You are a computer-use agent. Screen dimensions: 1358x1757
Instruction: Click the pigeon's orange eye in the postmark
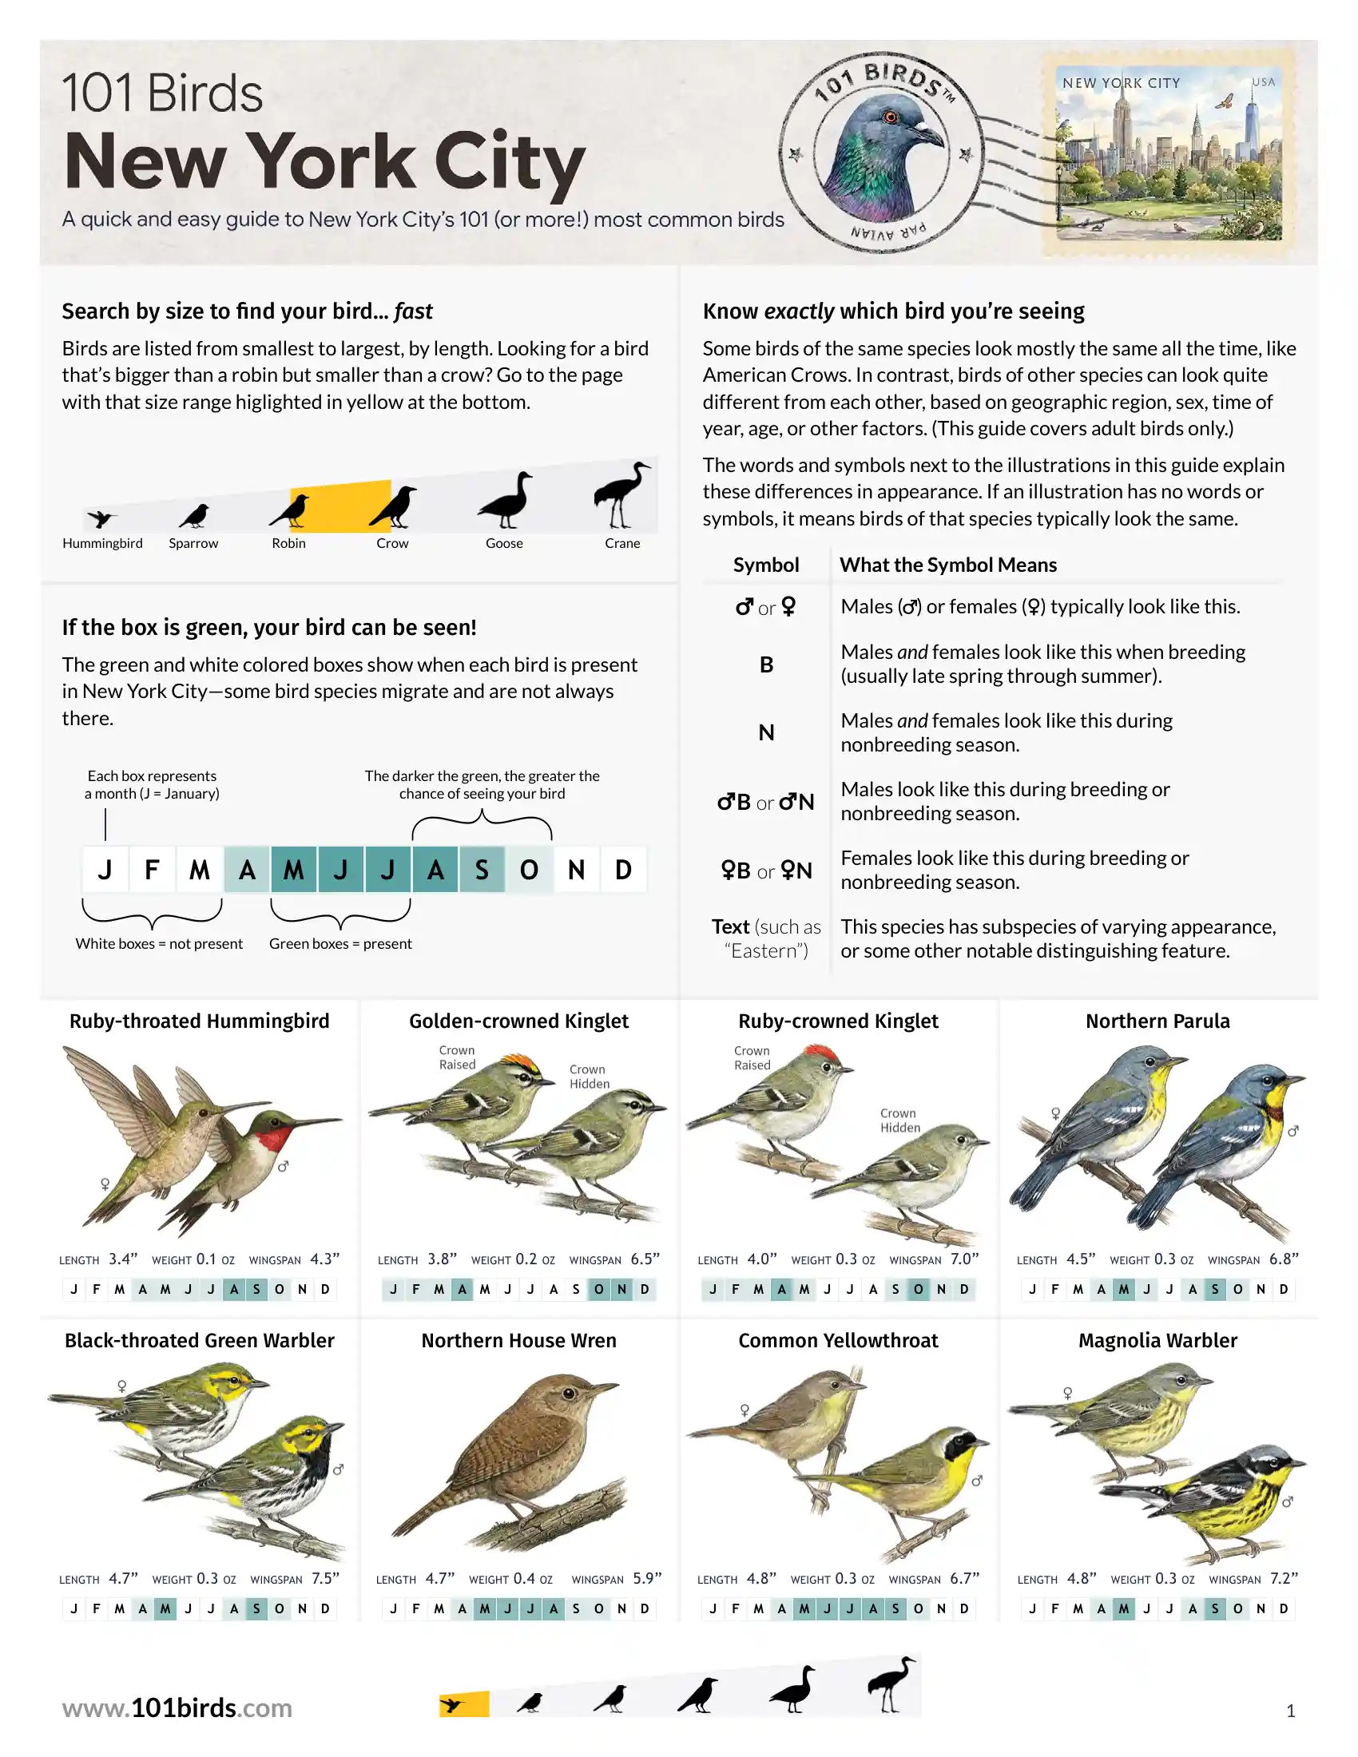[891, 117]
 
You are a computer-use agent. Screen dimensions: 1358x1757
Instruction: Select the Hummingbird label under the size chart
[102, 543]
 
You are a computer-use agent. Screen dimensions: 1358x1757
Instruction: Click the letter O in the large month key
[529, 870]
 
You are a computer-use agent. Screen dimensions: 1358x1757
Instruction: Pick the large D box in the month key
[624, 870]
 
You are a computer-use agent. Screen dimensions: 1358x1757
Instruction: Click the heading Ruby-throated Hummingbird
[200, 1021]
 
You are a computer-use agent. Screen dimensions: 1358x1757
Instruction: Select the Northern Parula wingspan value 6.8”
[1283, 1258]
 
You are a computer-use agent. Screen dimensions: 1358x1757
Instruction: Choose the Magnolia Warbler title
[1157, 1340]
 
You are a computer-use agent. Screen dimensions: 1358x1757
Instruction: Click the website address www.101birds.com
[177, 1707]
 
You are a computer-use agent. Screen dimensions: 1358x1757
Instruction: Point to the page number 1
[1290, 1711]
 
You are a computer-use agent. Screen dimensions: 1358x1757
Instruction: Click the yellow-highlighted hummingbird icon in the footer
[454, 1704]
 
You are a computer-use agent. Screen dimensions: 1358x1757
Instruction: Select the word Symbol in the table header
[766, 565]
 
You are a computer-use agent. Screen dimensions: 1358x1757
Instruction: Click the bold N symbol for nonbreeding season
[767, 733]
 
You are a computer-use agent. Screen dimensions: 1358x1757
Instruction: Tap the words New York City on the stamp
[1121, 83]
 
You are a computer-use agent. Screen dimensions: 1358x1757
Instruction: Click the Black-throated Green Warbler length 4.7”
[123, 1578]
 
